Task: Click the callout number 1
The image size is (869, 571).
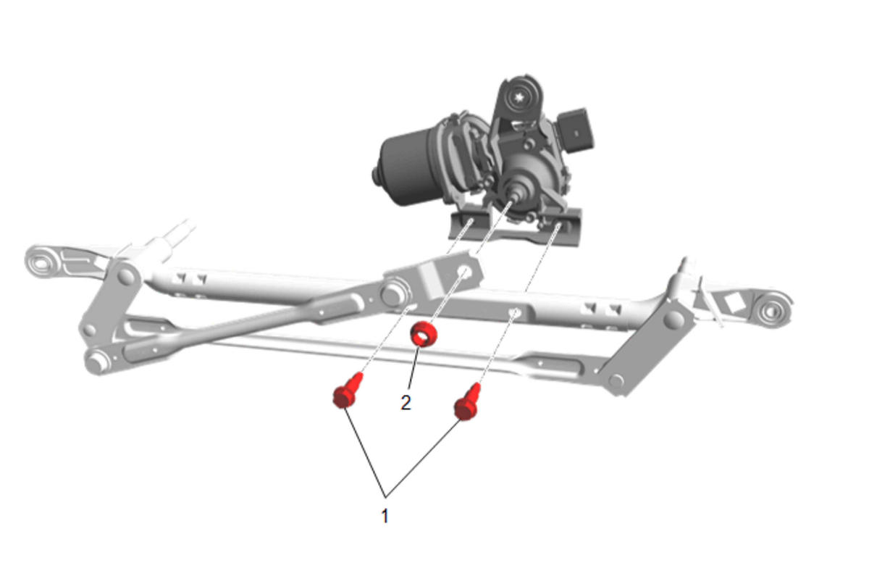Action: pos(385,516)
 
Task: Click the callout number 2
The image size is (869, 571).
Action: pos(406,403)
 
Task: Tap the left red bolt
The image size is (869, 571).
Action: pos(347,391)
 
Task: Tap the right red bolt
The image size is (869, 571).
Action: pos(468,402)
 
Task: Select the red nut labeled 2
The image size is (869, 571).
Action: pos(424,334)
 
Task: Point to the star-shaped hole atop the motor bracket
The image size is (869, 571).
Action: pos(519,97)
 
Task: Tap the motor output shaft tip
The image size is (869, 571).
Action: pos(516,197)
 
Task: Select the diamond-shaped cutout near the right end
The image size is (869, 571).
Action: pos(734,303)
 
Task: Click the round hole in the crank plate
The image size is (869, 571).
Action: pos(464,271)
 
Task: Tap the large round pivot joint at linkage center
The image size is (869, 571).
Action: pos(394,294)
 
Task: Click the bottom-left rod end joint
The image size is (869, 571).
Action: pos(96,362)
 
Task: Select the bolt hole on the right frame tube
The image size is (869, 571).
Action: pos(515,312)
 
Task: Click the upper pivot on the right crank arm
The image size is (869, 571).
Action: pos(674,319)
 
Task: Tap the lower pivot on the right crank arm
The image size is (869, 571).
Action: pos(616,381)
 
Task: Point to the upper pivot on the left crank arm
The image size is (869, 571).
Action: pos(126,276)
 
